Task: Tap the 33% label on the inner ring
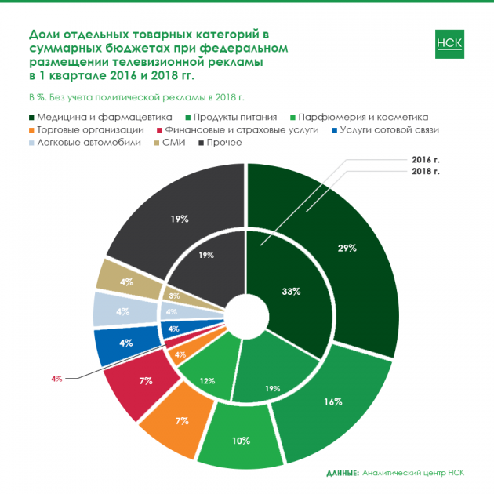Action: pos(291,291)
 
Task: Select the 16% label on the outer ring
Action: pos(332,401)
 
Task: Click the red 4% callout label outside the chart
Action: pos(56,379)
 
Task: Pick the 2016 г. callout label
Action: pos(426,159)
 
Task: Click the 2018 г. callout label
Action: pos(426,170)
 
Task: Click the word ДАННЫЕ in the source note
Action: pos(342,473)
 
